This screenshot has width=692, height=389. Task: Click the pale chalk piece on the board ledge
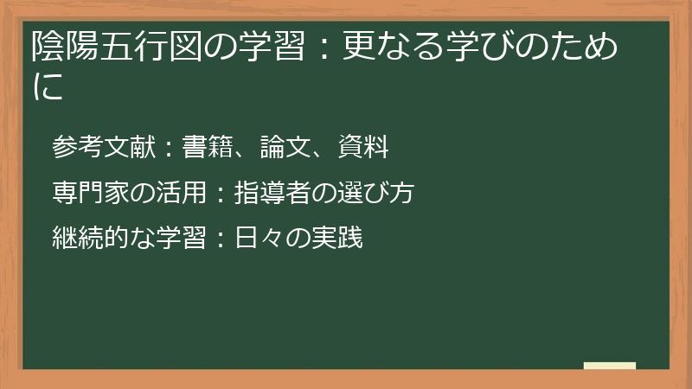click(x=609, y=366)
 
